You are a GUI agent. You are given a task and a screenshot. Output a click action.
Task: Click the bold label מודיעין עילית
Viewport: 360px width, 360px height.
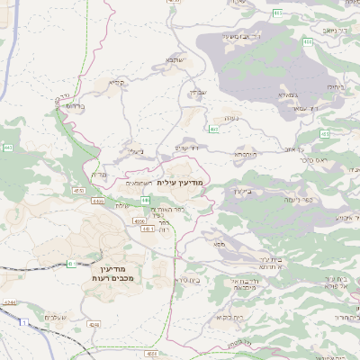180,183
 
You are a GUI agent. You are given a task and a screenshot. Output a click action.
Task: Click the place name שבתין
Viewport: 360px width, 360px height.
200,92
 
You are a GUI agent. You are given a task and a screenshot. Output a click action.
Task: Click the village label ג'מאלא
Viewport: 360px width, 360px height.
289,94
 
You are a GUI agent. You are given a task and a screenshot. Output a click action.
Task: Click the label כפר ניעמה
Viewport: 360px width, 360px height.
319,200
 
